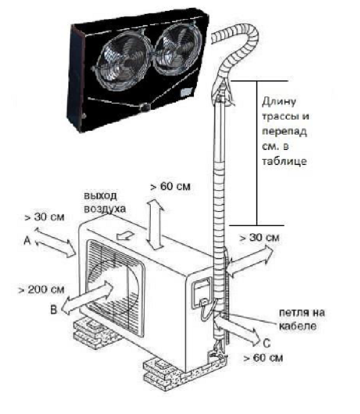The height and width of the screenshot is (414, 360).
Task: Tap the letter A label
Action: pyautogui.click(x=26, y=241)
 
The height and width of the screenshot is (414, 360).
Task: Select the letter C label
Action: pyautogui.click(x=266, y=344)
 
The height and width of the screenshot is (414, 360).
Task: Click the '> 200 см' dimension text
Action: pyautogui.click(x=41, y=290)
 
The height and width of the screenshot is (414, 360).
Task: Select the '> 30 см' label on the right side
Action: pyautogui.click(x=259, y=238)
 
